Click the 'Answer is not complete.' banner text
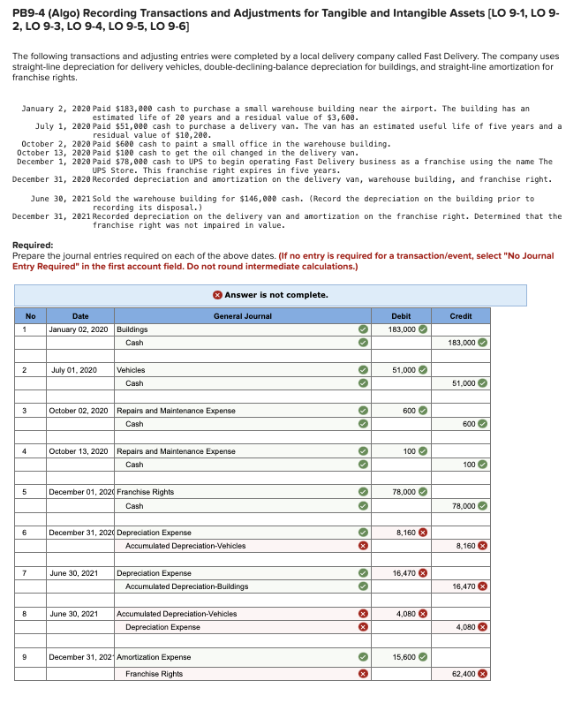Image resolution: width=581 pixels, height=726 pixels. [275, 295]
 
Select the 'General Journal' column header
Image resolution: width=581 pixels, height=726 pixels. [242, 315]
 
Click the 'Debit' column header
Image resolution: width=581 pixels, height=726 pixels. [400, 315]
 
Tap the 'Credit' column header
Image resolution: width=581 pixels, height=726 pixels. [461, 315]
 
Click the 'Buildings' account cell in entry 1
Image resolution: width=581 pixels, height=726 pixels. [132, 329]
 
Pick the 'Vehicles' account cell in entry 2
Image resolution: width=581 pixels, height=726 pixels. [132, 370]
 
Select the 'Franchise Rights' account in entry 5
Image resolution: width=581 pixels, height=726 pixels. [146, 492]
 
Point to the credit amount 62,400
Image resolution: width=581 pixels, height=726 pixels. [462, 674]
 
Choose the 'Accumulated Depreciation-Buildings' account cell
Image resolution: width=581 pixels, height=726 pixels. [186, 586]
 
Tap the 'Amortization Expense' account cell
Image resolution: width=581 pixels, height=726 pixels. [154, 657]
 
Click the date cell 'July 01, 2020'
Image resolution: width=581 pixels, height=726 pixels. [74, 370]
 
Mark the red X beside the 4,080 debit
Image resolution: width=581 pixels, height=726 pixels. [423, 614]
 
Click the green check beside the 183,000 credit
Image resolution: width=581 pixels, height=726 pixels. [483, 343]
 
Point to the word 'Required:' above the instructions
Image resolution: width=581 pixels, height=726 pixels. [33, 246]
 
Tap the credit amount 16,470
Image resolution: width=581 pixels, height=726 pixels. [462, 586]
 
